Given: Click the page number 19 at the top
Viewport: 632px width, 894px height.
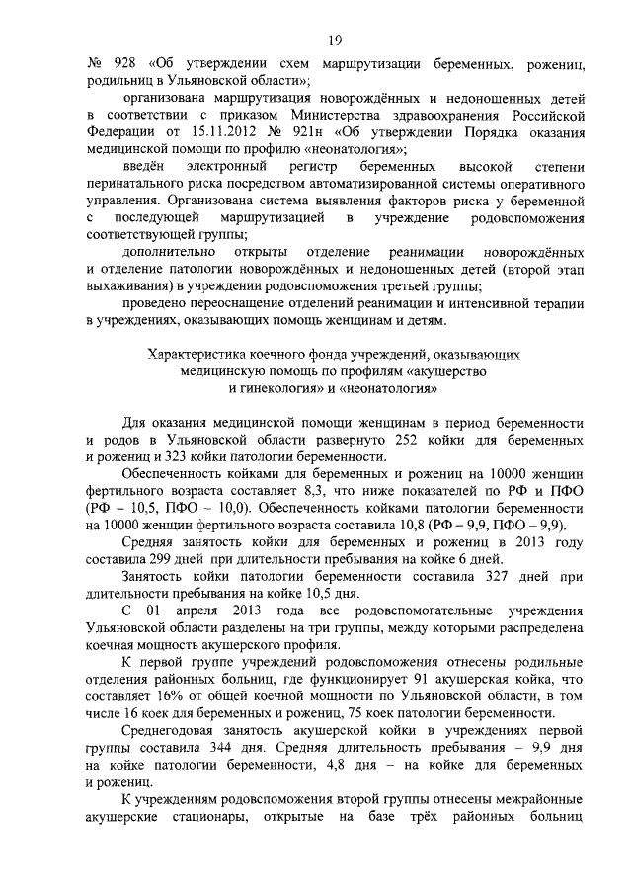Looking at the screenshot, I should pos(335,40).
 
